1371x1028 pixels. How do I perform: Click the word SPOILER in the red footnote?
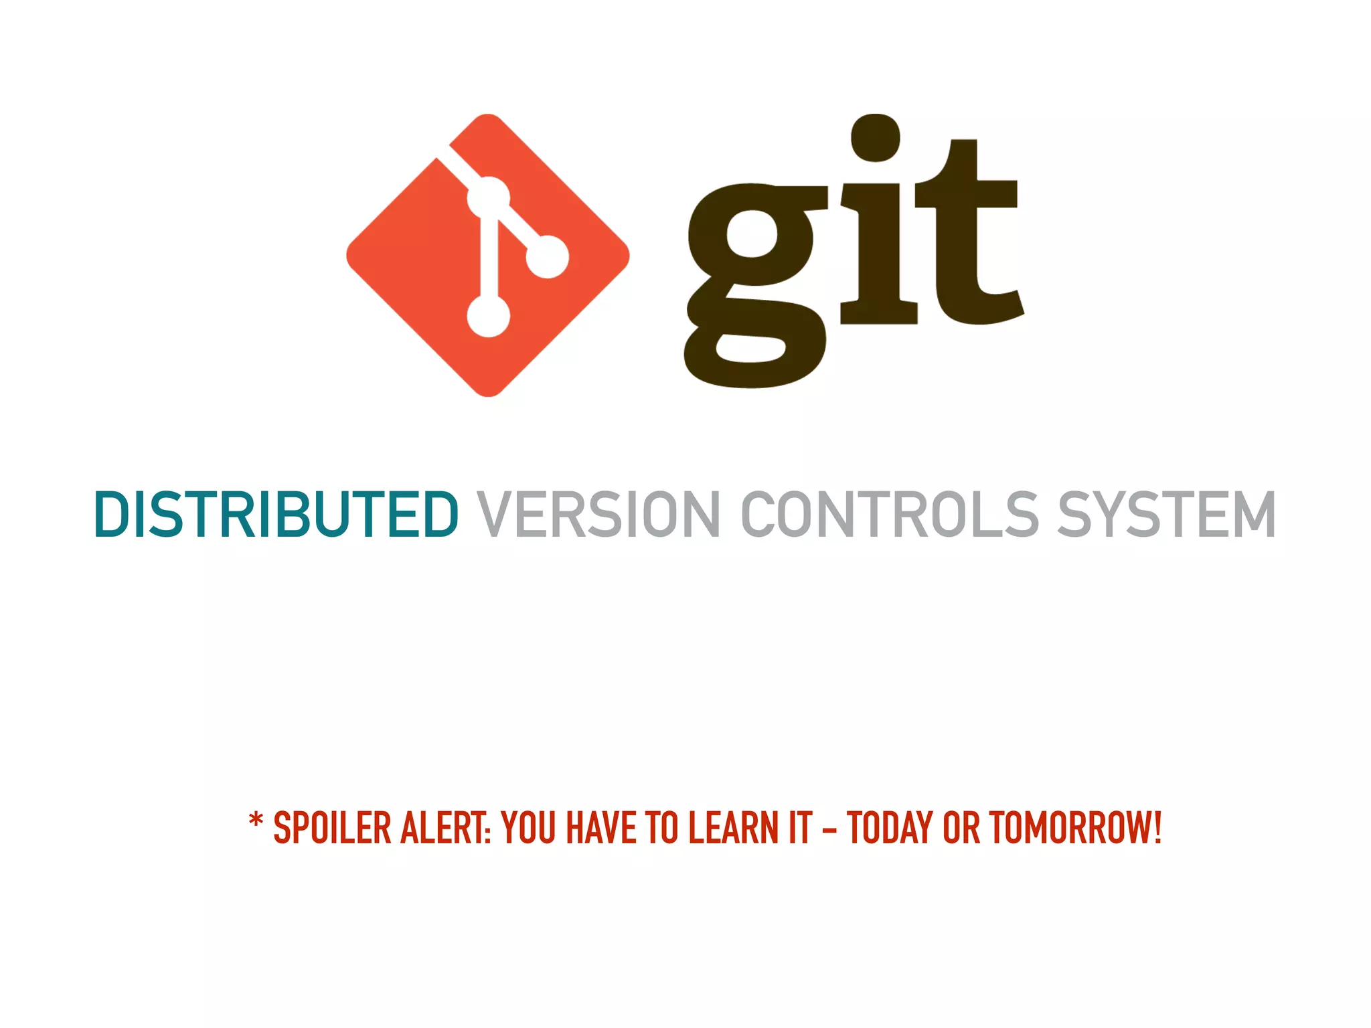pyautogui.click(x=332, y=828)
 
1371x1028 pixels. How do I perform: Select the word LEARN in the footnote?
pyautogui.click(x=732, y=828)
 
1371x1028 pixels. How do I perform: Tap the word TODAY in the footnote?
pyautogui.click(x=890, y=828)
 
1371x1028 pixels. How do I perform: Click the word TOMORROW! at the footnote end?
pyautogui.click(x=1075, y=828)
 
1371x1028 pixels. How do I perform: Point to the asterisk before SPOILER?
pyautogui.click(x=256, y=821)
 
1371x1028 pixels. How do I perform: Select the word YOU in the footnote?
pyautogui.click(x=529, y=828)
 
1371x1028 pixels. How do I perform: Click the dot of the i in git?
pyautogui.click(x=875, y=137)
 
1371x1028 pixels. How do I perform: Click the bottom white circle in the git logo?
pyautogui.click(x=488, y=316)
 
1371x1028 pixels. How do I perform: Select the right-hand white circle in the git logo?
pyautogui.click(x=548, y=256)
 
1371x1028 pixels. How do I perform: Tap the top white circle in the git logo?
pyautogui.click(x=488, y=197)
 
